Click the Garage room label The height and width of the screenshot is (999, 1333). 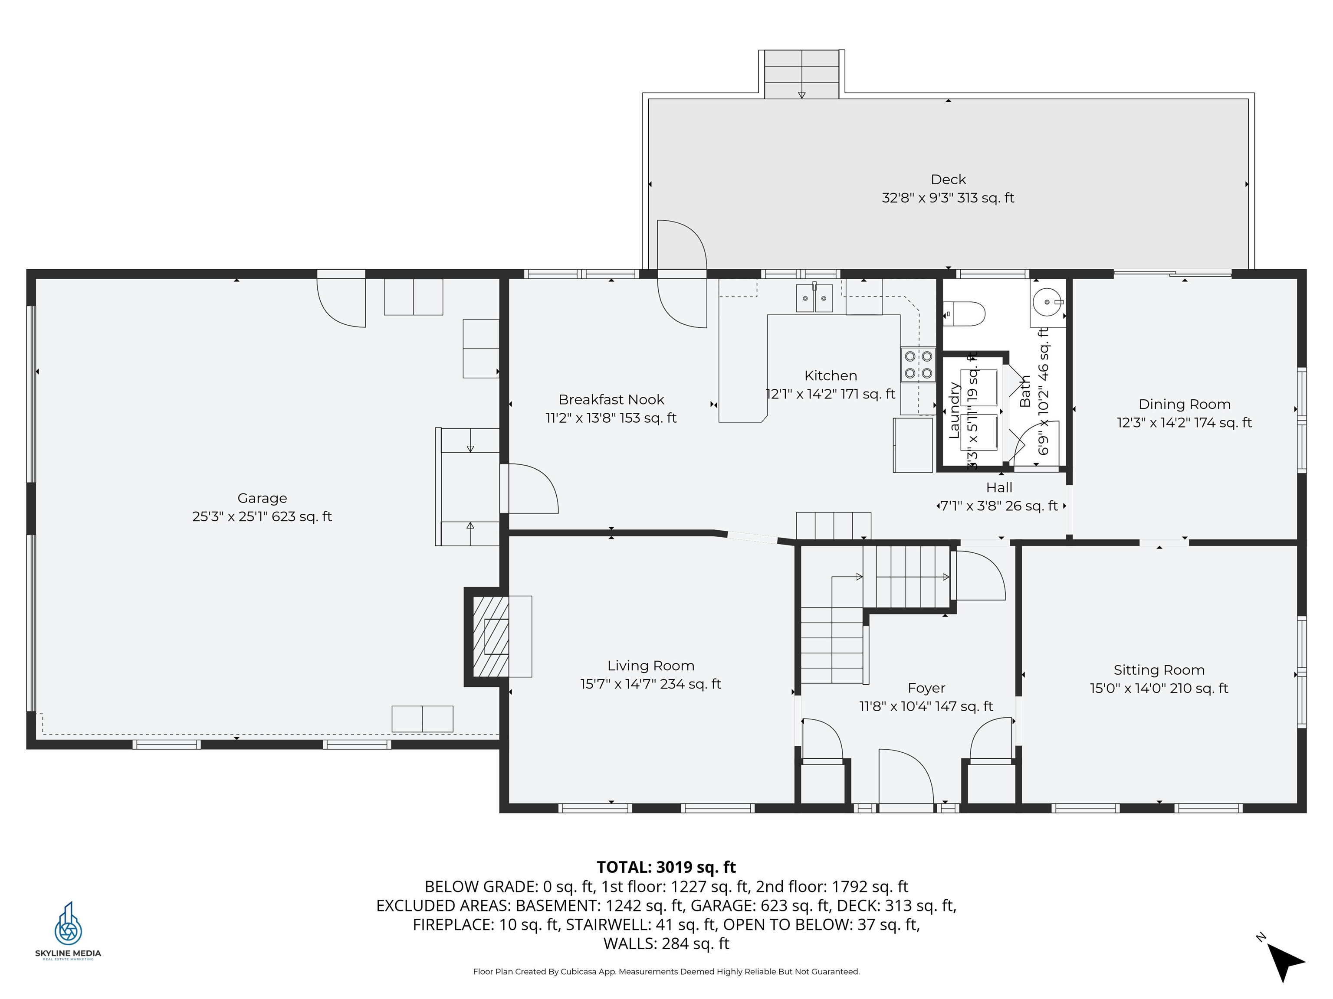pos(262,498)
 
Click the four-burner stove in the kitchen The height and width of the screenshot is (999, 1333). pos(918,365)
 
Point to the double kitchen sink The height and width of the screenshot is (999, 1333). pos(814,298)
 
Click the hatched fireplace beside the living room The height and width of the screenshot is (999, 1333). pos(490,637)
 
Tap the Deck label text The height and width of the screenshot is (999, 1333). pos(948,180)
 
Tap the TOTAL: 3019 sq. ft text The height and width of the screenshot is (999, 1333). pos(666,867)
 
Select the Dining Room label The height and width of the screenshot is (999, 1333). pos(1184,404)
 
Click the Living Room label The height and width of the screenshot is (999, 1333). pos(650,666)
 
